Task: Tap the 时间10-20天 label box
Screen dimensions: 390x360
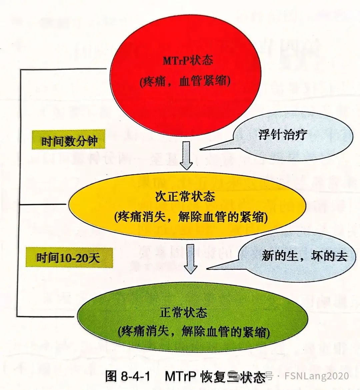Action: click(69, 258)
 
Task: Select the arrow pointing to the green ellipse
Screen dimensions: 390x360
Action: click(190, 260)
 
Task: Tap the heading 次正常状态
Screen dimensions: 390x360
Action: click(185, 196)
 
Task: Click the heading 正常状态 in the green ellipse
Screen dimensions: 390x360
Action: click(183, 313)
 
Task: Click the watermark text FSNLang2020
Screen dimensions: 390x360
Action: click(317, 376)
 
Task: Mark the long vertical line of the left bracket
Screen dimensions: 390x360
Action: click(21, 193)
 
